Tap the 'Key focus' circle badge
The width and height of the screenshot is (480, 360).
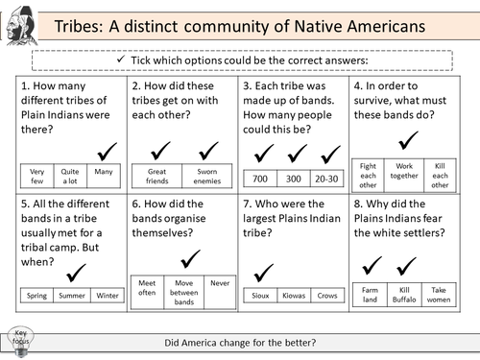21,338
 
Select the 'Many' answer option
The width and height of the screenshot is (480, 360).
102,174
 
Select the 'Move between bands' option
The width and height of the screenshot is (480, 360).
183,292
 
